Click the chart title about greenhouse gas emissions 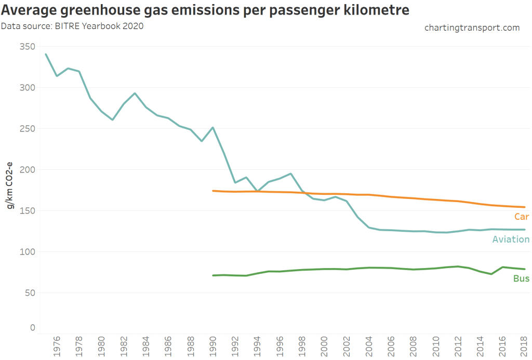click(x=206, y=10)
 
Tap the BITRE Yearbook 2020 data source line click(x=72, y=25)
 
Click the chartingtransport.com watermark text click(x=472, y=28)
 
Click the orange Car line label click(x=522, y=217)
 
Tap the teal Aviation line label click(x=511, y=239)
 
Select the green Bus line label click(x=521, y=278)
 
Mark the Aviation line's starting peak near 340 click(x=46, y=54)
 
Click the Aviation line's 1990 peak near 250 click(x=213, y=127)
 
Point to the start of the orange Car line click(x=213, y=191)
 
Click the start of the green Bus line click(x=213, y=275)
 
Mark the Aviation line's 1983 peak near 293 click(x=135, y=94)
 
